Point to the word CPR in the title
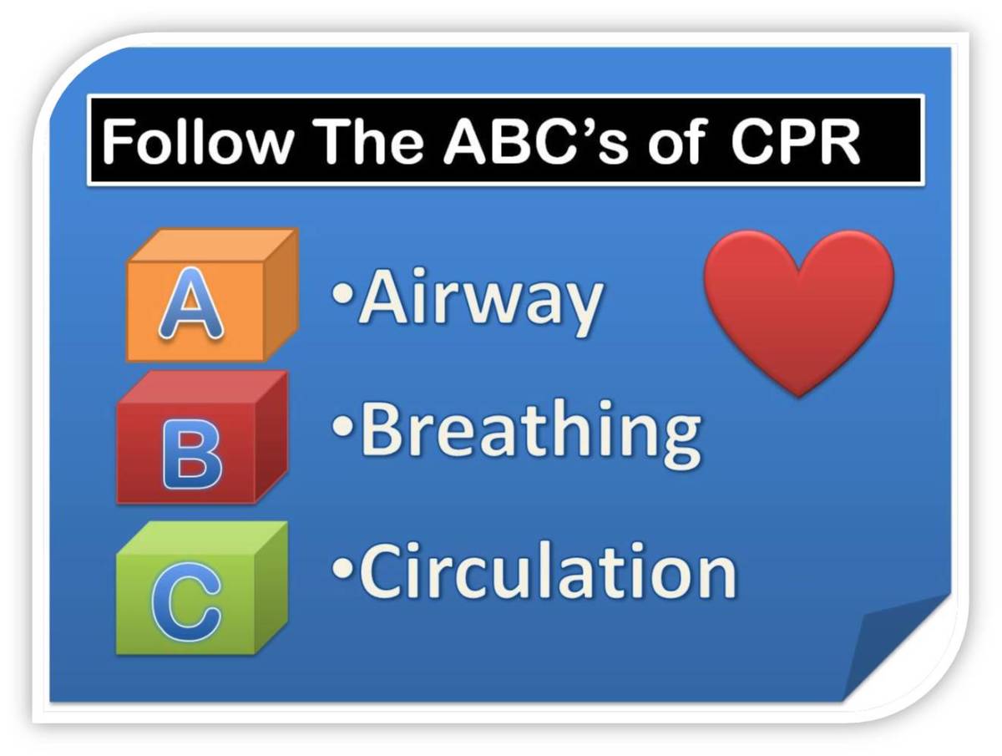(x=794, y=142)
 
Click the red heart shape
(x=798, y=305)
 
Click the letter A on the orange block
(x=191, y=304)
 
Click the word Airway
(x=480, y=301)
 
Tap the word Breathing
(x=529, y=431)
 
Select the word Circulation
(x=547, y=571)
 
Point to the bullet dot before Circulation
(x=342, y=568)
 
